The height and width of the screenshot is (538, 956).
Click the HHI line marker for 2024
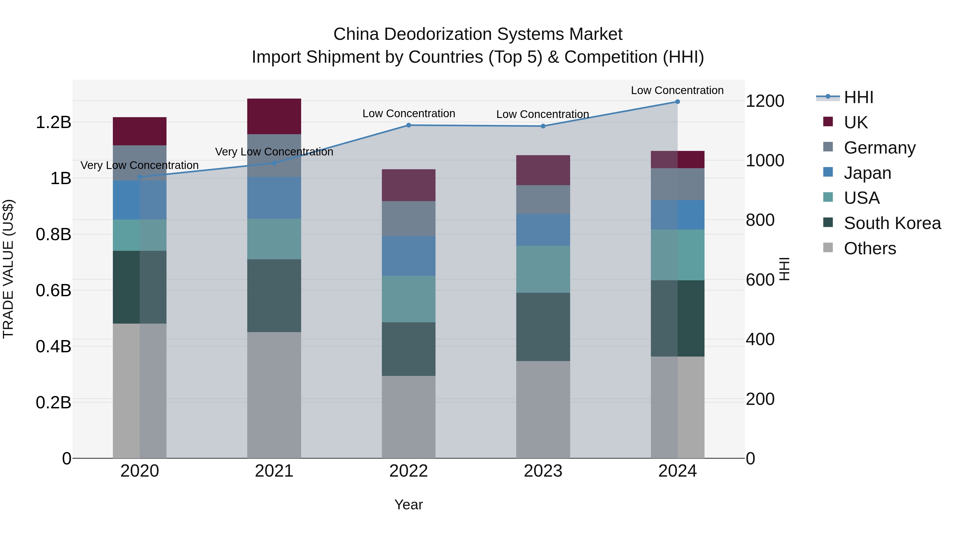tap(677, 102)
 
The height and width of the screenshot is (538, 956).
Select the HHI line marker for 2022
tap(409, 125)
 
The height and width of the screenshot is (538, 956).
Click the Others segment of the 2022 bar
tap(409, 417)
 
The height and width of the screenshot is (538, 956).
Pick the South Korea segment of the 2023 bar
tap(543, 327)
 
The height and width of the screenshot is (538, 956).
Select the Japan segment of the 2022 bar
tap(409, 256)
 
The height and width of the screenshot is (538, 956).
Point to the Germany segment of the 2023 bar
tap(543, 199)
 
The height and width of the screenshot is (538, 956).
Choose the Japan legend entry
tap(867, 173)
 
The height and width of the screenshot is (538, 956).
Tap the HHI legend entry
tap(858, 97)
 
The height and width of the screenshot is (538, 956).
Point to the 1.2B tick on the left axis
tap(53, 122)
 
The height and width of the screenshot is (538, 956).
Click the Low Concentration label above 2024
tap(677, 90)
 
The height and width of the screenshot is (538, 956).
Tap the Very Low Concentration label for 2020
tap(139, 165)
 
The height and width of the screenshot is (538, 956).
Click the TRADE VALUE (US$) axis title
tap(8, 269)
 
